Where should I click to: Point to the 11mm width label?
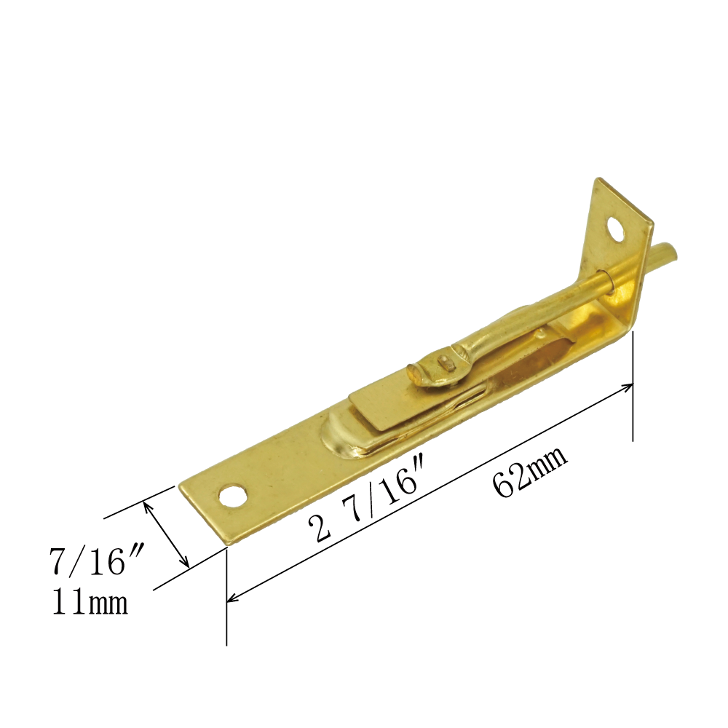click(x=90, y=602)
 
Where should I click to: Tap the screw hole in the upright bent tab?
click(x=616, y=229)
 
